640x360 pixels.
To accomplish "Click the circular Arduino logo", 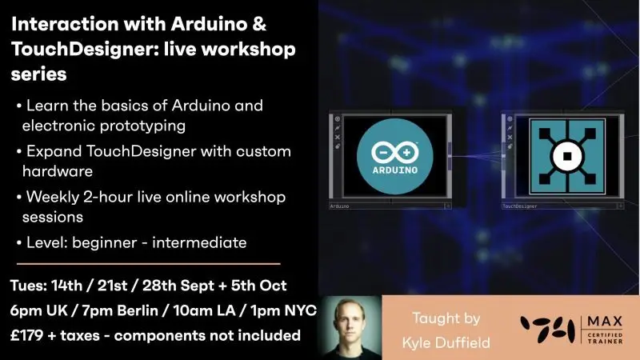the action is point(394,156).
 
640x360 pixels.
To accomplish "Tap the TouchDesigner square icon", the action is point(567,156).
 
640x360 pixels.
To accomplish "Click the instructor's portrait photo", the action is point(350,327).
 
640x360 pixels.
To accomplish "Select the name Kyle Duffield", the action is point(446,342).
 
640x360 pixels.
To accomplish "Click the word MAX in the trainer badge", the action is point(605,322).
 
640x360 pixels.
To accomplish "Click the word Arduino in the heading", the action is point(209,24).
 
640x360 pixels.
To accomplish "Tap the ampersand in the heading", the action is point(259,24).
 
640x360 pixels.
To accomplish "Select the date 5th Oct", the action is point(258,286).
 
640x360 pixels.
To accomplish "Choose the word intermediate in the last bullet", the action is point(199,242).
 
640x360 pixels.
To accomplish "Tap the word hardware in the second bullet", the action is point(58,171).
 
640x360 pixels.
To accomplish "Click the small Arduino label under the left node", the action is point(339,206).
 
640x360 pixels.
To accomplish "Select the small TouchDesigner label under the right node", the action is point(519,206).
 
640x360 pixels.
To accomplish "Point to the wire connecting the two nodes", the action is point(475,155).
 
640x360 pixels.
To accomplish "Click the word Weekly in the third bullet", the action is point(53,197).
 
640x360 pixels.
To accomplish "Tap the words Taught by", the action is point(446,318).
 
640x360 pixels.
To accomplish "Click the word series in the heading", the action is point(38,74).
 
